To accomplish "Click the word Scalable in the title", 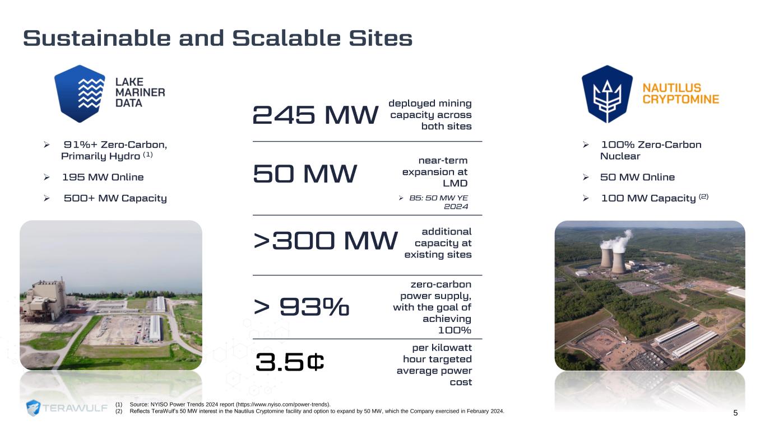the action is click(286, 38).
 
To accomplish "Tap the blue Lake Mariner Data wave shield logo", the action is click(80, 94).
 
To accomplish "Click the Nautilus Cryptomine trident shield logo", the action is click(607, 94).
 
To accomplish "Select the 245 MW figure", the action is click(315, 115).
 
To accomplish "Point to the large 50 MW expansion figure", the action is click(305, 174).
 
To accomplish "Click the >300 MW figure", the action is click(326, 241).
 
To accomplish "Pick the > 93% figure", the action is click(301, 306).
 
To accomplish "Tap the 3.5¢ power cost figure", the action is click(290, 362).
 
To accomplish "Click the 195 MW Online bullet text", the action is click(103, 177).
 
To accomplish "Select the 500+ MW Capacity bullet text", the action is click(115, 198).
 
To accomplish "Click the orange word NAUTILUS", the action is click(672, 88).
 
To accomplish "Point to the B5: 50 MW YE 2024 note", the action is click(438, 202).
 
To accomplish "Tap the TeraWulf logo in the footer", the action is click(67, 408).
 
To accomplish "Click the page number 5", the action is click(735, 413).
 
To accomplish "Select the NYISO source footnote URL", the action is click(282, 404).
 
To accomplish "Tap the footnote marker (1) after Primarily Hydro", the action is click(147, 155).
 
